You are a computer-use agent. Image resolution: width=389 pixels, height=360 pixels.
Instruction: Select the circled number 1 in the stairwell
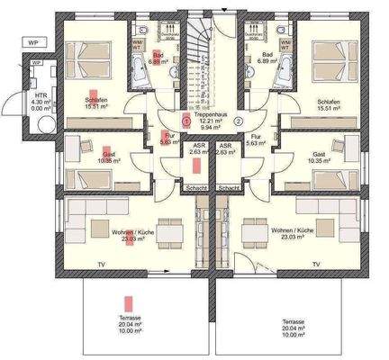coord(185,121)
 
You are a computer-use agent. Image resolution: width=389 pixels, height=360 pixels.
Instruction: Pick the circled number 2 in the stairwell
coord(239,121)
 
